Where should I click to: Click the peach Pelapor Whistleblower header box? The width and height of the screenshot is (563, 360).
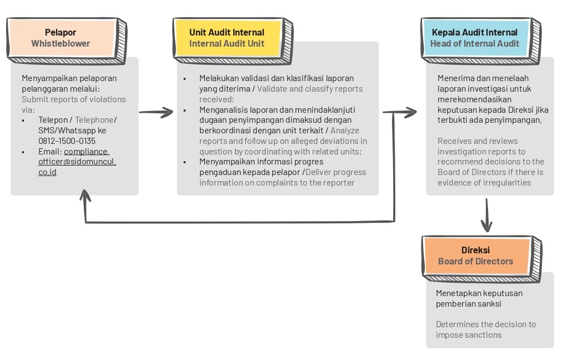click(61, 38)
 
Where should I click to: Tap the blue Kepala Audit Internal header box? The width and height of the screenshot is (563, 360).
click(475, 38)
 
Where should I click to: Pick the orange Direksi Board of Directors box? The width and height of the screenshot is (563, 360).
click(476, 256)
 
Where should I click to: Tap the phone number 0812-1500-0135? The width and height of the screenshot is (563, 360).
click(67, 141)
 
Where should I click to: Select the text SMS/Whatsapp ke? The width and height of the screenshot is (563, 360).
click(72, 130)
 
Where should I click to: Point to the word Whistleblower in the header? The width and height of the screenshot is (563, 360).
click(61, 43)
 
